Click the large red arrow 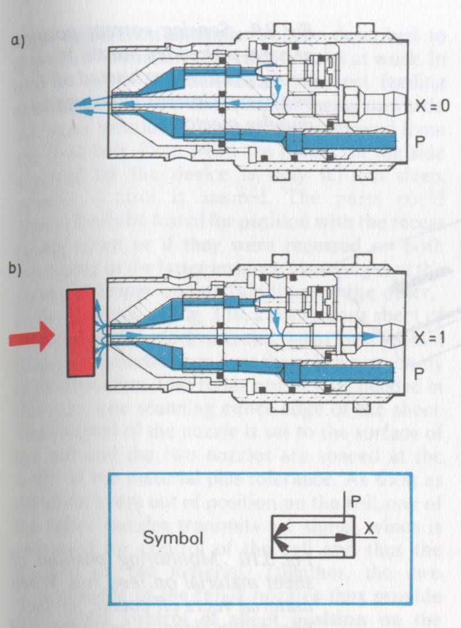tap(31, 337)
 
